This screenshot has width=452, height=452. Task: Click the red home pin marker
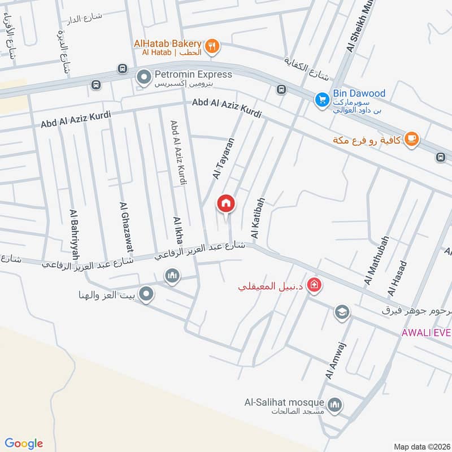point(226,203)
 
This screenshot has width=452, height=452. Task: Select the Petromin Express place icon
point(145,75)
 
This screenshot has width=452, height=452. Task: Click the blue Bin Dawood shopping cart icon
point(321,99)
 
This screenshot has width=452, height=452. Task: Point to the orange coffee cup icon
point(411,139)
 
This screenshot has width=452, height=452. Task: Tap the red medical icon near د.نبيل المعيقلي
point(315,286)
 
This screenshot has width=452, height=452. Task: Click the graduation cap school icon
point(341,312)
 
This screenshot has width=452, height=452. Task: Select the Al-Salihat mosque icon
point(335,405)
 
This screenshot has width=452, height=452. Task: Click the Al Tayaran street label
point(223,160)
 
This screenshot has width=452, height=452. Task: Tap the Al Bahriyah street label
point(74,231)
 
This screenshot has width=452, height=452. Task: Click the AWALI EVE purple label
point(426,332)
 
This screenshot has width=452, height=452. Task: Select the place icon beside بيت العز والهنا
point(146,294)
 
